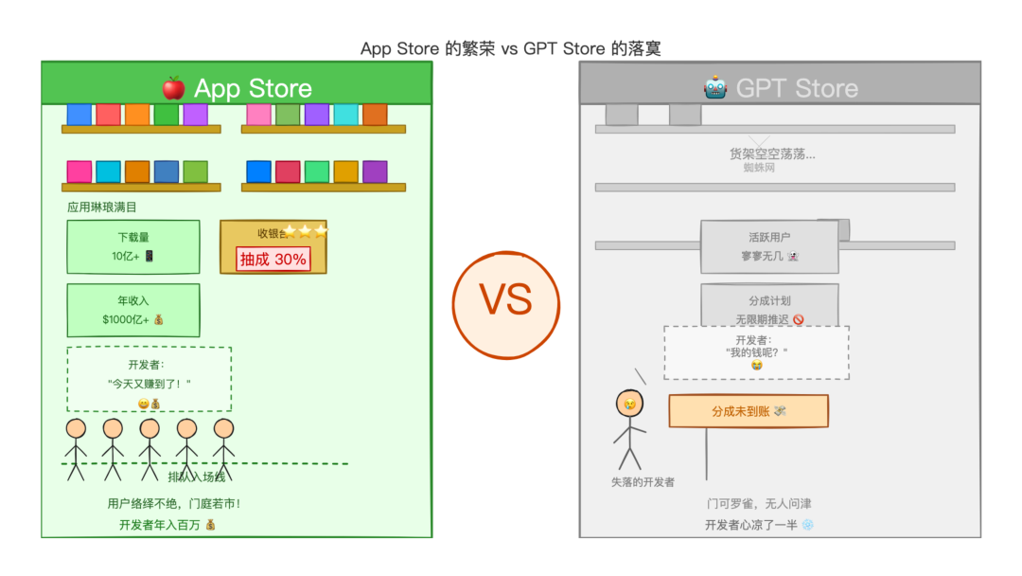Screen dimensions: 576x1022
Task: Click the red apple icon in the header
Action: point(173,88)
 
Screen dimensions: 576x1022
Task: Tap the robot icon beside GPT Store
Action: point(715,88)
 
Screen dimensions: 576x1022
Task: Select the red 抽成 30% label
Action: point(273,259)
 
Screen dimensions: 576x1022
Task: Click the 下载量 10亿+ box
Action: point(133,246)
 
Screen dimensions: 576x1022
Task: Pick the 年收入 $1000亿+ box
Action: point(133,310)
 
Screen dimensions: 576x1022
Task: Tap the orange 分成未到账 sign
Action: point(749,411)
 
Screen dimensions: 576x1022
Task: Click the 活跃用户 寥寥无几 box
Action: point(769,246)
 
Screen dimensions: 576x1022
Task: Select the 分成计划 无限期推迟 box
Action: point(769,305)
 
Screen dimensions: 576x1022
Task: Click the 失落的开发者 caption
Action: point(643,482)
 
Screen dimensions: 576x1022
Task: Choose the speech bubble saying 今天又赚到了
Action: point(150,379)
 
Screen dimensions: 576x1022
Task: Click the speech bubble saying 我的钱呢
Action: point(756,352)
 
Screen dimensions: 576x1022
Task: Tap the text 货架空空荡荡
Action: point(772,153)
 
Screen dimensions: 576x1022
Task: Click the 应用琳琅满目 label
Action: point(108,207)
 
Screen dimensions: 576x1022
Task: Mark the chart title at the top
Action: point(511,48)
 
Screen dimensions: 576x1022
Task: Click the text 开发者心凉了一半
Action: point(759,525)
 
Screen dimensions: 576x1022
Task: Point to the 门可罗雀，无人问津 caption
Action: point(759,503)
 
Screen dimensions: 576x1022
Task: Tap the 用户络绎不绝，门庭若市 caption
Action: point(174,504)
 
